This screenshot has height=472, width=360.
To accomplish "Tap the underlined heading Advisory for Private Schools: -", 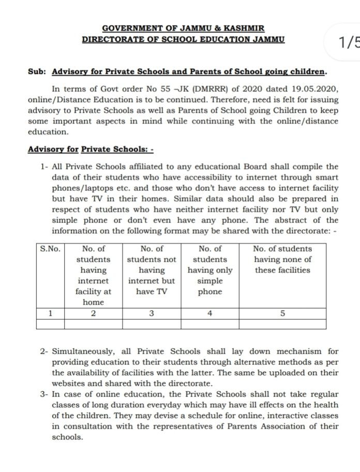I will coord(91,149).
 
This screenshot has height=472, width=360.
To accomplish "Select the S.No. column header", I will coord(50,248).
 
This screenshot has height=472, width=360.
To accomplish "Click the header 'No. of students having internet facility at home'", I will coord(93,275).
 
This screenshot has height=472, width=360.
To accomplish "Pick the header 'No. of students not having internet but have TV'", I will coord(152,270).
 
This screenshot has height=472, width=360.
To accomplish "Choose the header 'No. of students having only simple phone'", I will coord(209,270).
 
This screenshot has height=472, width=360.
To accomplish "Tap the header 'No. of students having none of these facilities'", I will coord(282,259).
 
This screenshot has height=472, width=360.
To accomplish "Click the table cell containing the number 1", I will coord(50,312).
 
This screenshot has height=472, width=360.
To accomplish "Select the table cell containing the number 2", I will coord(93,312).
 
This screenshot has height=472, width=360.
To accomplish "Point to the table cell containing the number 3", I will coord(152,312).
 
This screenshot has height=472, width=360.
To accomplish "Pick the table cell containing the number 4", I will coord(209,312).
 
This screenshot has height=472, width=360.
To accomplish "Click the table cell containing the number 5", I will coord(282,312).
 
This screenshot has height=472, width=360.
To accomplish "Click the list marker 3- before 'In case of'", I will coord(44,394).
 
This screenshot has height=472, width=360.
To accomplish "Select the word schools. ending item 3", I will coord(67,437).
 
